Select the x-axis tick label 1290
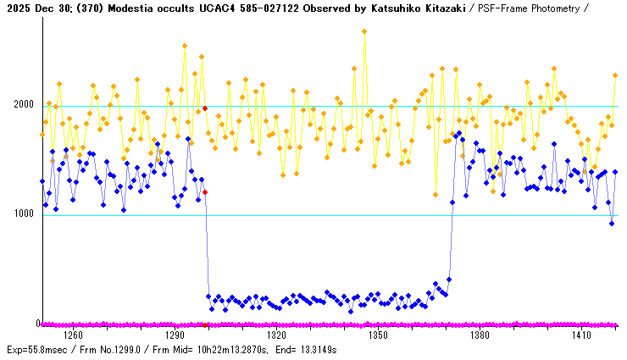[x=175, y=335]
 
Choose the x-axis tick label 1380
[x=480, y=335]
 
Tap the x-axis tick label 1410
[x=581, y=335]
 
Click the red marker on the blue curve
[x=205, y=192]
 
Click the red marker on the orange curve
[x=205, y=108]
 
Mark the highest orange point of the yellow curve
[x=364, y=31]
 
